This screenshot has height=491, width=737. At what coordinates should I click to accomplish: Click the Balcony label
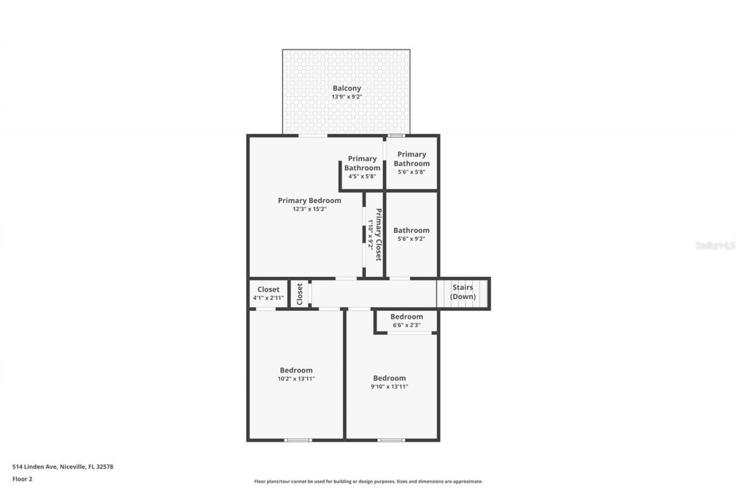click(347, 88)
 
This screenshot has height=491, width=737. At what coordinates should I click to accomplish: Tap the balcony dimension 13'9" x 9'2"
click(347, 97)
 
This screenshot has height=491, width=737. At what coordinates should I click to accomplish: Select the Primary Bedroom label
click(309, 200)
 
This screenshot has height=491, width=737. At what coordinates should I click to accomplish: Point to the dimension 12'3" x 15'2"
click(309, 209)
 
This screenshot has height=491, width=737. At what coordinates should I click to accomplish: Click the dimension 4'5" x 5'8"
click(362, 176)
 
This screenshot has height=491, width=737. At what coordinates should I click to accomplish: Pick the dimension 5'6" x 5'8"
click(411, 172)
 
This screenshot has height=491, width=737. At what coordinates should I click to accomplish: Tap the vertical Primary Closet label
click(379, 234)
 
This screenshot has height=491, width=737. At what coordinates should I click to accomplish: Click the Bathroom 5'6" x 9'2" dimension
click(411, 238)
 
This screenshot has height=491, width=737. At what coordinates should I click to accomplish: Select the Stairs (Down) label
click(462, 292)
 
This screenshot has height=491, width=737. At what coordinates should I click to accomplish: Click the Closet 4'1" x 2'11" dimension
click(268, 298)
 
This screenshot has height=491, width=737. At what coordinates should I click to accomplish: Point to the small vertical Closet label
click(299, 294)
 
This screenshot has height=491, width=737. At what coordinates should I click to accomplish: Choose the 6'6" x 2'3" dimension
click(407, 325)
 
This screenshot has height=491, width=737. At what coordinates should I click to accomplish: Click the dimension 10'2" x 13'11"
click(296, 378)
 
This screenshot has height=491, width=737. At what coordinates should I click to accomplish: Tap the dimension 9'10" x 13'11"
click(389, 386)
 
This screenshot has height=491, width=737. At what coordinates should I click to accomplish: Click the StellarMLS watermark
click(715, 245)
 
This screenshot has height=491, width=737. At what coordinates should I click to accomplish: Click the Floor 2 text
click(22, 478)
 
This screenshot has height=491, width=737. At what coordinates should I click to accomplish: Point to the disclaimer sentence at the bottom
click(368, 481)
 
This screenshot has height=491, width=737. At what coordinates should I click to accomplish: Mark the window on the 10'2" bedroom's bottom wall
click(298, 440)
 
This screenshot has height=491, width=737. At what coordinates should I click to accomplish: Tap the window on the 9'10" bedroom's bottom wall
click(391, 440)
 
